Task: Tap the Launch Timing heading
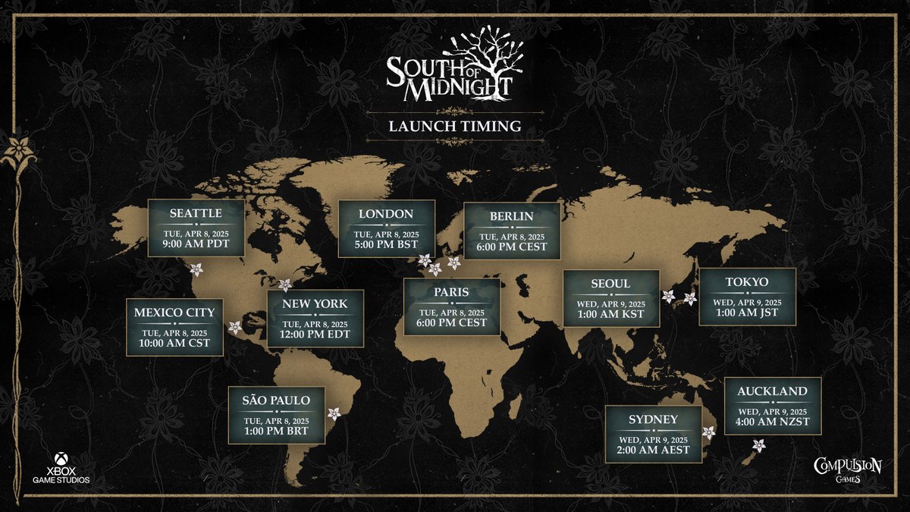coord(455,126)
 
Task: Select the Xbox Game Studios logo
coord(61,470)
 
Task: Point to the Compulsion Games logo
coord(847,470)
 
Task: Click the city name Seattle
coord(196,213)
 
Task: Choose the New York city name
coord(315,303)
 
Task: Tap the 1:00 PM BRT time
coord(276,432)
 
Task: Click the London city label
coord(386,214)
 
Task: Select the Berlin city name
coord(512,216)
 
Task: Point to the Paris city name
coord(451,292)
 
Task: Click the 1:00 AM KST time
coord(610,315)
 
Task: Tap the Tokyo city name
coord(747,282)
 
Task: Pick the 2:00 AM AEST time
coord(653,450)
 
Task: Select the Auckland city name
coord(772,391)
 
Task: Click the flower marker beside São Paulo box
coord(334,413)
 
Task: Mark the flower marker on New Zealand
coord(758,445)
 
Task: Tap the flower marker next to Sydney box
coord(709,432)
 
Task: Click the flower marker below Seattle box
coord(196,269)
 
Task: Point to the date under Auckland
coord(772,409)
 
